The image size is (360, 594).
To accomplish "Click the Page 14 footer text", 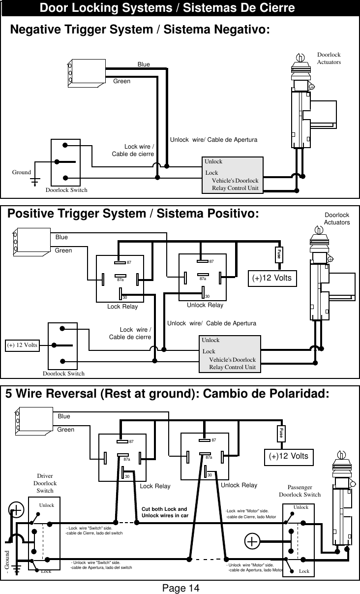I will (180, 588).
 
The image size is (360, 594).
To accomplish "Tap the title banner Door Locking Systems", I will (167, 8).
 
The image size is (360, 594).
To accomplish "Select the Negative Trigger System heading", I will (140, 30).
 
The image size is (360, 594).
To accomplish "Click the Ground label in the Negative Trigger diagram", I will (22, 172).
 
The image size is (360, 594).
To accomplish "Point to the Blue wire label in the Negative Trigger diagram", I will (144, 64).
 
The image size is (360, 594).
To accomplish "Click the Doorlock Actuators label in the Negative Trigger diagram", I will (329, 59).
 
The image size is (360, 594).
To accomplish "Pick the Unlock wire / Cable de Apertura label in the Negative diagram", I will (213, 140).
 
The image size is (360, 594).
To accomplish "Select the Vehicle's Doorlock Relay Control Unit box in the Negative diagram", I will (233, 175).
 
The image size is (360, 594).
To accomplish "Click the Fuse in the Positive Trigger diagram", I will (278, 254).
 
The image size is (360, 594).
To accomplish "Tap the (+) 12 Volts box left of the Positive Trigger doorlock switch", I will (22, 344).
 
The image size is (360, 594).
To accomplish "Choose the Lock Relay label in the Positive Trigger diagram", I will (122, 307).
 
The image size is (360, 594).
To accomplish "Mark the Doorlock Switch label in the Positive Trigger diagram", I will (63, 374).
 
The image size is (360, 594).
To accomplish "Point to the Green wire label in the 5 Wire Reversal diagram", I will (66, 430).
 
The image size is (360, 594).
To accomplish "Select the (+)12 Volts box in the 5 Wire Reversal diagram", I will (289, 456).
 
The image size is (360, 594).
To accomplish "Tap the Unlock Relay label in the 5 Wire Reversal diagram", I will (239, 485).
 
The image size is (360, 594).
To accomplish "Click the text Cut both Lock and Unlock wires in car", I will (164, 512).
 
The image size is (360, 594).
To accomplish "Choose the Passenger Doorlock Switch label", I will (300, 491).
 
